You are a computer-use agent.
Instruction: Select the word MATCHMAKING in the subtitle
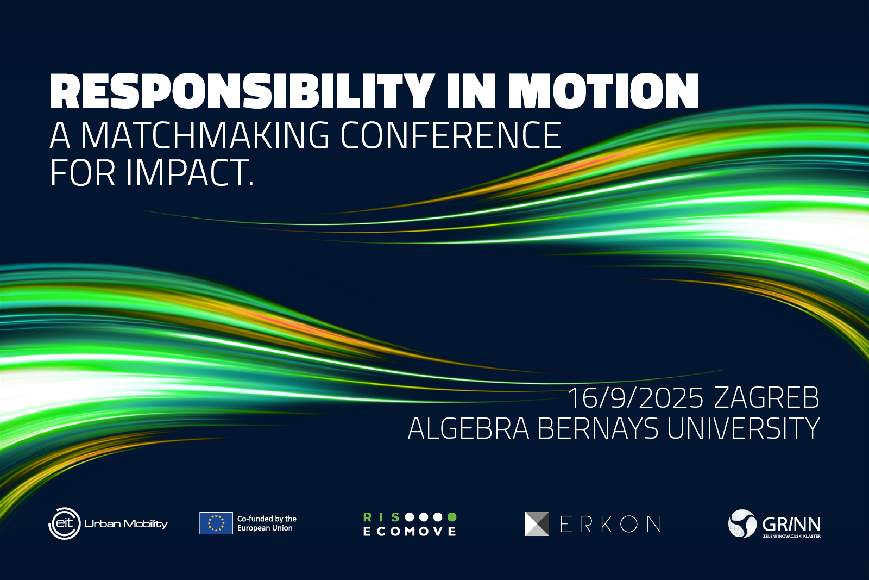pos(205,135)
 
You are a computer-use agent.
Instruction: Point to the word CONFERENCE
pos(451,135)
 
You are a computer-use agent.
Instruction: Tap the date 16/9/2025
pos(635,397)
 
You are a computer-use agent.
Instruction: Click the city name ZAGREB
pos(766,397)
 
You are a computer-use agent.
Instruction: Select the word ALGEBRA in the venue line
pos(469,428)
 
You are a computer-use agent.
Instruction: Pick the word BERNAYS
pos(598,428)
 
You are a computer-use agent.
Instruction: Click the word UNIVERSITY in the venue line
pos(744,428)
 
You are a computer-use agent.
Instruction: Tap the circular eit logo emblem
pos(65,523)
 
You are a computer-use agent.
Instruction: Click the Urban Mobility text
pos(126,524)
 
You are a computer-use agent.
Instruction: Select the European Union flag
pos(216,523)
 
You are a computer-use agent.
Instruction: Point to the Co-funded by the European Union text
pos(267,523)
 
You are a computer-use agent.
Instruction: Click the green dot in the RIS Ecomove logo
pos(452,517)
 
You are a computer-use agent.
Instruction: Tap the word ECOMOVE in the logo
pos(410,532)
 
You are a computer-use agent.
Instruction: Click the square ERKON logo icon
pos(537,523)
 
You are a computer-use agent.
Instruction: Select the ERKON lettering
pos(611,524)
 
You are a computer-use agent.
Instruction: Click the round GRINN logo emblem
pos(742,523)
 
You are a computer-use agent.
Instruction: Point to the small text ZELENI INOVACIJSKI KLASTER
pos(792,536)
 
